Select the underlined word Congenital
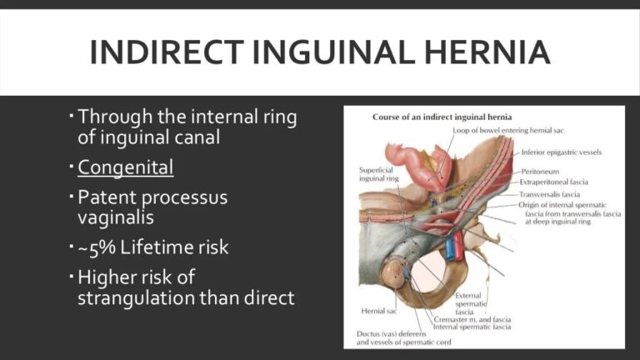click(125, 167)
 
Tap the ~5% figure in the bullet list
click(98, 247)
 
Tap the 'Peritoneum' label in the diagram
click(542, 171)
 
